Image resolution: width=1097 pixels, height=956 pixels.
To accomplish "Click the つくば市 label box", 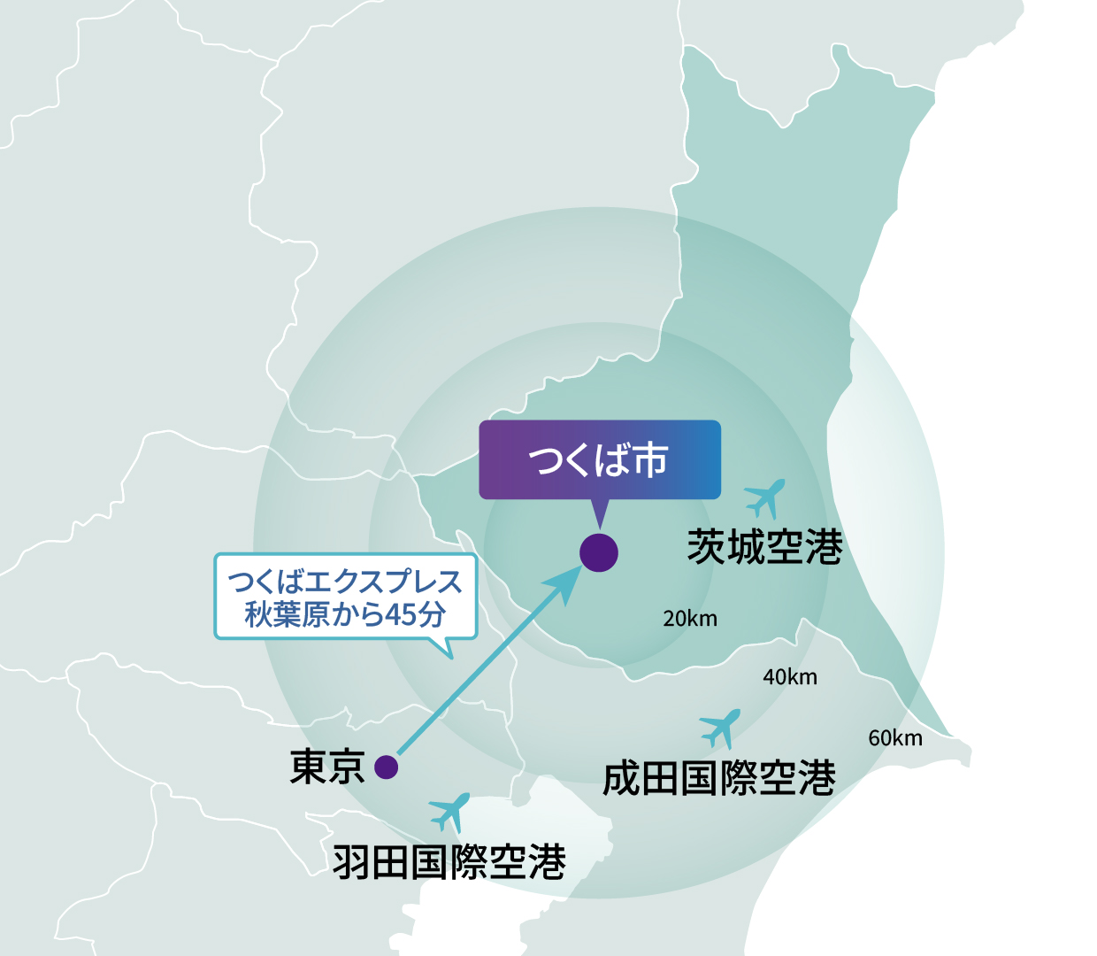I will tap(600, 459).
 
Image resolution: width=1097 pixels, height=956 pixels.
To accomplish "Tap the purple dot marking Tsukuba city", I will tap(599, 553).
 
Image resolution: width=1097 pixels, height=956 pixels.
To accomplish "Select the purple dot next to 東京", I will tap(386, 767).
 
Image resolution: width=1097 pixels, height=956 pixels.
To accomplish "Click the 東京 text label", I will tap(327, 767).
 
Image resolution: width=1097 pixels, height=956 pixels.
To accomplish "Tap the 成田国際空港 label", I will tap(718, 779).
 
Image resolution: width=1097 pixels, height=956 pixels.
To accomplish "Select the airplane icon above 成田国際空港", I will tap(720, 728).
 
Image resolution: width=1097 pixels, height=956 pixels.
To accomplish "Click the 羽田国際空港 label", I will tap(449, 861).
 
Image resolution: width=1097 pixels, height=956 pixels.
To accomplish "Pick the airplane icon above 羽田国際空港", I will tap(449, 811).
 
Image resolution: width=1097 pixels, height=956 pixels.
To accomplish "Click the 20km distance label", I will tap(690, 619).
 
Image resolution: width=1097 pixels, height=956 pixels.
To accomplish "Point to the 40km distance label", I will tap(790, 677).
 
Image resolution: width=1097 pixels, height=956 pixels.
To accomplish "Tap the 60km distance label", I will tap(895, 738).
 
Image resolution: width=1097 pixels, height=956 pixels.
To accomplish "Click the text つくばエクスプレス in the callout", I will tap(345, 582).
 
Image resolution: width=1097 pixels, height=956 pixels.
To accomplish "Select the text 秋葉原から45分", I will tap(345, 614).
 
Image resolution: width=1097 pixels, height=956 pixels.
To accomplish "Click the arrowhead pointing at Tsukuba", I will tap(565, 584).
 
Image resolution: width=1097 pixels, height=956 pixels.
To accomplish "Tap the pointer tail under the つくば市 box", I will tap(600, 513).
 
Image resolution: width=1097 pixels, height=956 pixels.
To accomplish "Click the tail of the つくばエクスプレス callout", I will tap(446, 648).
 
